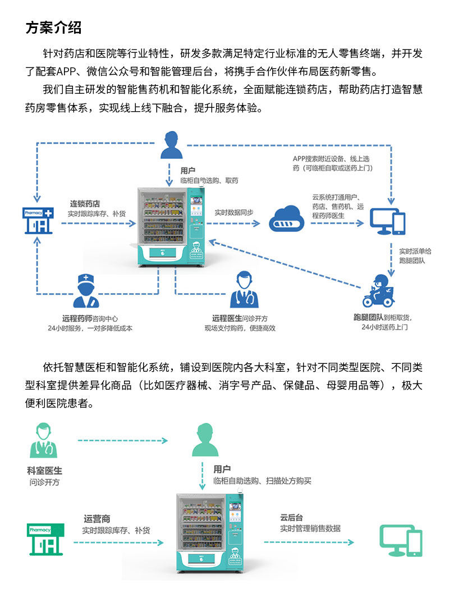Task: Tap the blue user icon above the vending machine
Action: (x=172, y=145)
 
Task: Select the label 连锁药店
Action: (x=85, y=203)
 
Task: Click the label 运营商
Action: (x=97, y=519)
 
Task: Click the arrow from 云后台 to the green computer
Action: (x=309, y=542)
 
